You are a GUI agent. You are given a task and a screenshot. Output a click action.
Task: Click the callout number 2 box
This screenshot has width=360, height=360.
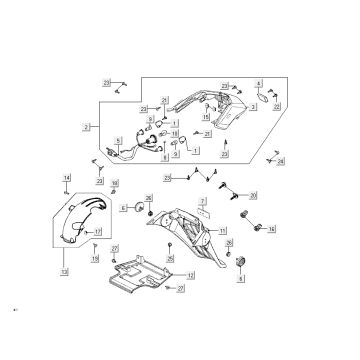click(x=87, y=128)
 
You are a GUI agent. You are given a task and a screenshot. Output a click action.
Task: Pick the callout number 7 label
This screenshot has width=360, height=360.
click(x=202, y=202)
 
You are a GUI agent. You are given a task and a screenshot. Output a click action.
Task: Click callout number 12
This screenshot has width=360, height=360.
click(x=191, y=274)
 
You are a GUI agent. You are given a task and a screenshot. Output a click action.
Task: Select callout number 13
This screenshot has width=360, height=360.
click(x=65, y=271)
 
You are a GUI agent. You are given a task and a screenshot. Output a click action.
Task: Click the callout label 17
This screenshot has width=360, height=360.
click(x=99, y=232)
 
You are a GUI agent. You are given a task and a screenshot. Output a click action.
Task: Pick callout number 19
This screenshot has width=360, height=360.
click(x=95, y=258)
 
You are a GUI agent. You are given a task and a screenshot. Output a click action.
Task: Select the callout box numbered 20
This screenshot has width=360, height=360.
click(x=253, y=196)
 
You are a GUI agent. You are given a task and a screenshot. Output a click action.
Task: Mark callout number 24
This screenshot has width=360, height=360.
click(x=281, y=160)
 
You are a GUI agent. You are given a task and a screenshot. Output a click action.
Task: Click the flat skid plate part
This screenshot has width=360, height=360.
click(x=150, y=274)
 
